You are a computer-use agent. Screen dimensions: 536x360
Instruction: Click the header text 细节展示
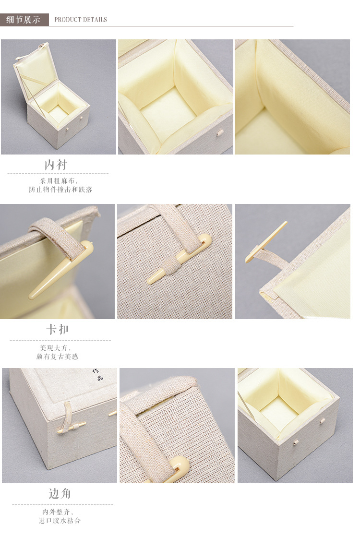click(24, 20)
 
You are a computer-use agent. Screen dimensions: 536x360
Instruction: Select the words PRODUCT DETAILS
click(81, 20)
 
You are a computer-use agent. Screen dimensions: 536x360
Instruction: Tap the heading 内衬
click(56, 165)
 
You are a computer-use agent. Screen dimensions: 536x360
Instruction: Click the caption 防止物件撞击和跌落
click(60, 190)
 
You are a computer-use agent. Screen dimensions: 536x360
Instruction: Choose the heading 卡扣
click(58, 330)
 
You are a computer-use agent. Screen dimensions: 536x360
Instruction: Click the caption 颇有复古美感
click(57, 357)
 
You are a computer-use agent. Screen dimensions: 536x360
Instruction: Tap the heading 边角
click(60, 494)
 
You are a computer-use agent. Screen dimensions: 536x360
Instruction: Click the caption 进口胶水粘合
click(60, 520)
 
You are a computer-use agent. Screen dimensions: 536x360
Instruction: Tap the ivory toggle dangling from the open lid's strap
click(266, 242)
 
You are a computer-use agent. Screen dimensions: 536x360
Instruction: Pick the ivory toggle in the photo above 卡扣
click(58, 271)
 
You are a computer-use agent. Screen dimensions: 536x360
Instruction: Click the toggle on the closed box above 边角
click(72, 427)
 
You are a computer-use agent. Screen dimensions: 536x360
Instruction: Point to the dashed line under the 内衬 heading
click(58, 173)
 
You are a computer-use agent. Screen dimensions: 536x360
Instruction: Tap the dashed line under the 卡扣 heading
click(60, 340)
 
